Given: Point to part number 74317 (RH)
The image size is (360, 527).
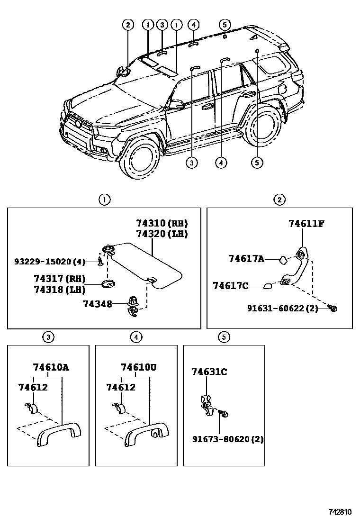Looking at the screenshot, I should (x=59, y=279).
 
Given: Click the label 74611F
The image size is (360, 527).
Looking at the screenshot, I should (x=306, y=224).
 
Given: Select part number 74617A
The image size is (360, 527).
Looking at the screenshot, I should (x=246, y=259).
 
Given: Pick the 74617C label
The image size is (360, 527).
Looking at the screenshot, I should (x=231, y=286).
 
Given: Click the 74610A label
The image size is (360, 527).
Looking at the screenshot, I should (x=51, y=367).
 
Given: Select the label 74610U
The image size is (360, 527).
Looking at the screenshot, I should (x=139, y=367).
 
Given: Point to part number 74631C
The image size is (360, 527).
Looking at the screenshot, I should (x=209, y=372).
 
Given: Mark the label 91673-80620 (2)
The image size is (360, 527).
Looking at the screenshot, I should (x=228, y=439).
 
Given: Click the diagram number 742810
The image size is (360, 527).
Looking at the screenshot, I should (x=340, y=512).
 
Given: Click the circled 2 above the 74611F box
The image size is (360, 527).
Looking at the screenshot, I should (x=280, y=200).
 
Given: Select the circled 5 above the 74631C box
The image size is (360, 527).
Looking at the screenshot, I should (x=224, y=337).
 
